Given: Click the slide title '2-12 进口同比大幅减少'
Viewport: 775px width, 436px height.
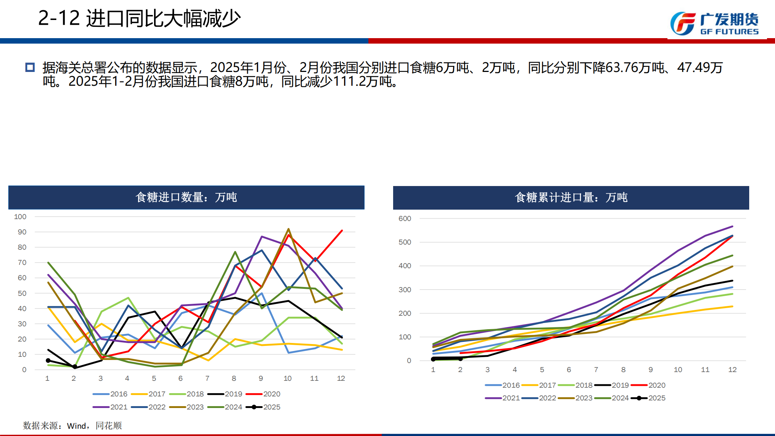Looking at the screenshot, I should pyautogui.click(x=139, y=18).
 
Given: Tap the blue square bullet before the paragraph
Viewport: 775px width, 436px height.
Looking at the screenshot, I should pyautogui.click(x=30, y=67).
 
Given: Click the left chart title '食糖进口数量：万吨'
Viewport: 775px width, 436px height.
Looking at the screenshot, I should pyautogui.click(x=186, y=197).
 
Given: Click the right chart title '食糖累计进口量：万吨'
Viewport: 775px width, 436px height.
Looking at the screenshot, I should pyautogui.click(x=571, y=197).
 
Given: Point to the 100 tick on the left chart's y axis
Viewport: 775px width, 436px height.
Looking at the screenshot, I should pyautogui.click(x=20, y=217).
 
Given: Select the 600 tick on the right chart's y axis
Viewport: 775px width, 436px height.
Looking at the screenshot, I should pyautogui.click(x=405, y=218).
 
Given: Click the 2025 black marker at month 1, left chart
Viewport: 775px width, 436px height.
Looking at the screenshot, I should pyautogui.click(x=48, y=360).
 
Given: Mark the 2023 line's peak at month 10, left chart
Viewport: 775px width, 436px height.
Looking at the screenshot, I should pyautogui.click(x=288, y=229).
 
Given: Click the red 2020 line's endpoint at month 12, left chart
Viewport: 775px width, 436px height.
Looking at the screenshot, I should pyautogui.click(x=342, y=230).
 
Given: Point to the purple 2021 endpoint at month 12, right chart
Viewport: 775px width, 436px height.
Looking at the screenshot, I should pyautogui.click(x=732, y=226).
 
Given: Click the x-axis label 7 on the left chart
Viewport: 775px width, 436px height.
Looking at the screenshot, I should pyautogui.click(x=207, y=378).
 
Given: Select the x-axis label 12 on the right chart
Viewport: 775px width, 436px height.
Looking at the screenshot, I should pyautogui.click(x=732, y=370).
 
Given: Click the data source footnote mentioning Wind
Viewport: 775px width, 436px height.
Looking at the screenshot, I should pyautogui.click(x=72, y=425).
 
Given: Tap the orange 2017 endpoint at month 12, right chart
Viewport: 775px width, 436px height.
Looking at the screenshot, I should pyautogui.click(x=732, y=306).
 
